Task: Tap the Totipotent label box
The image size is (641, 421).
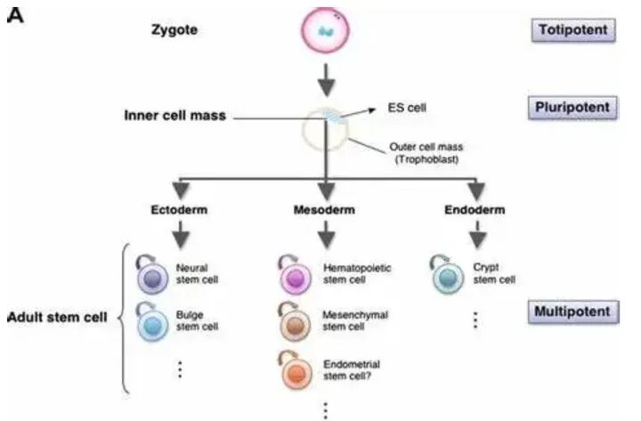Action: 573,30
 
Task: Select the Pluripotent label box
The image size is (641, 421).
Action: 573,108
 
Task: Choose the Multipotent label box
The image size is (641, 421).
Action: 573,312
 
